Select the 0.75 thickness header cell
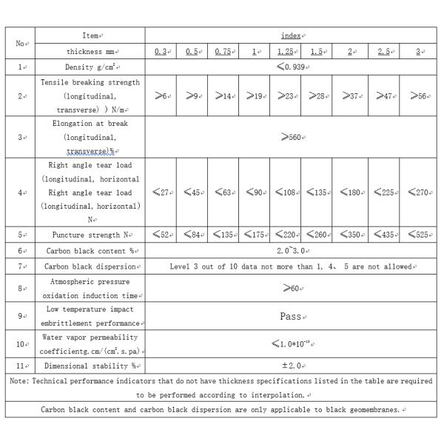(x=223, y=51)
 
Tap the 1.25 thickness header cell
(x=285, y=51)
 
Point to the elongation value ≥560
(x=291, y=137)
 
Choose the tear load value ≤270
(x=418, y=192)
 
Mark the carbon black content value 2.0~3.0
(x=291, y=251)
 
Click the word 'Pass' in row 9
(x=291, y=316)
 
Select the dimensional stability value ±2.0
(x=291, y=366)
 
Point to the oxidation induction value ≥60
(x=291, y=288)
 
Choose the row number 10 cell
(x=21, y=343)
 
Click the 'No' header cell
(x=21, y=44)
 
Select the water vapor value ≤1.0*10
(x=291, y=343)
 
